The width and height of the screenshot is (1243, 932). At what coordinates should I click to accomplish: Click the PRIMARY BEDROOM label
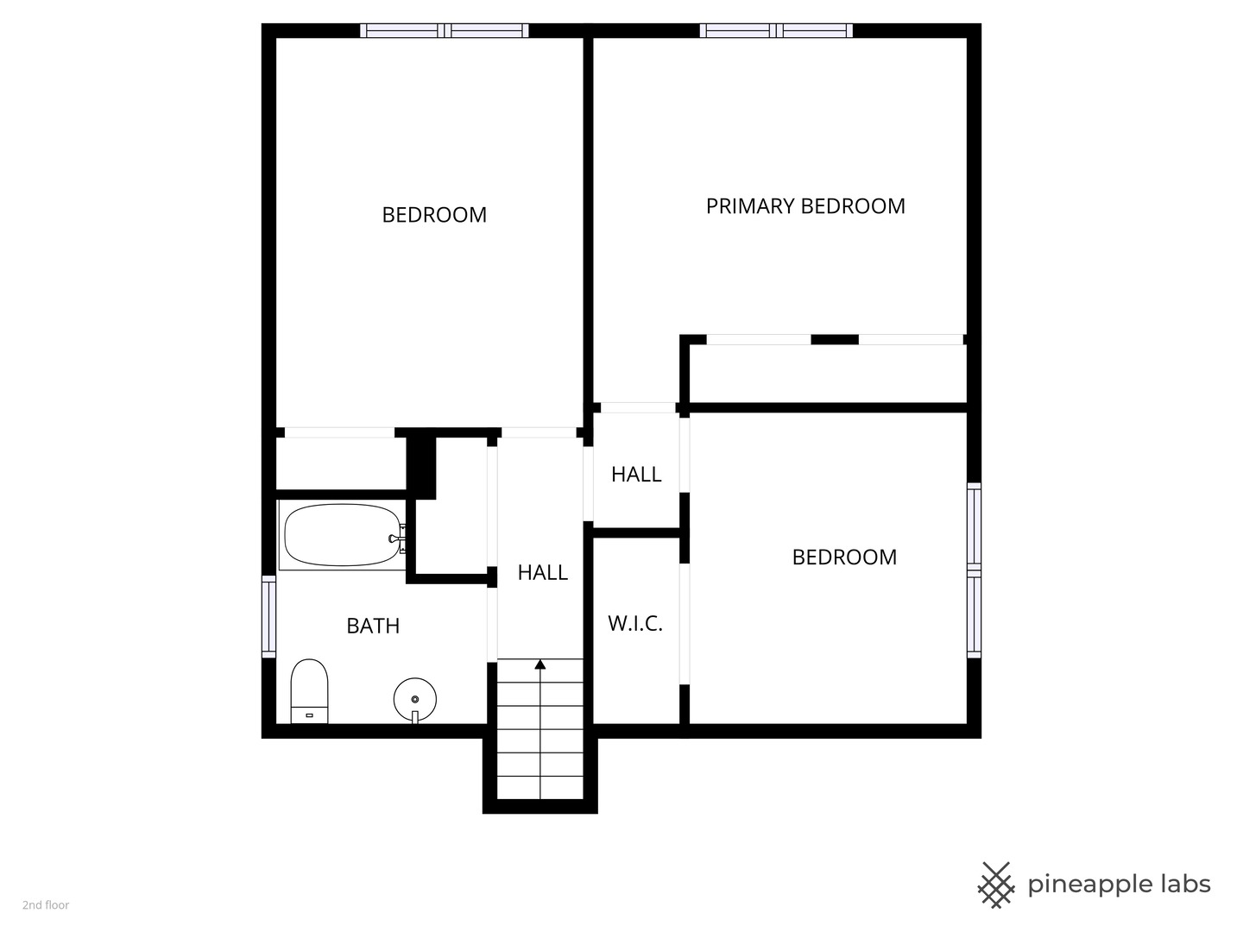[805, 206]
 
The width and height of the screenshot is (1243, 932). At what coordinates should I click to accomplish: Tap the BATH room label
[373, 626]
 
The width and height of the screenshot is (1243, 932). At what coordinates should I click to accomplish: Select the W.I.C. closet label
[635, 623]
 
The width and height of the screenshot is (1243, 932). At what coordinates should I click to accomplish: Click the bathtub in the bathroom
[342, 535]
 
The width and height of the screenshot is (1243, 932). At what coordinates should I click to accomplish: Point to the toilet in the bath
[309, 690]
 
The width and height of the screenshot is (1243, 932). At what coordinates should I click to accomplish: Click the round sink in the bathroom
[415, 697]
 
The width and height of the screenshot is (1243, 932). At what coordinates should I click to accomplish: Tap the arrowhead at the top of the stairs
[540, 664]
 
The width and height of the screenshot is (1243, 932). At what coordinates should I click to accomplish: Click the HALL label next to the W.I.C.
[636, 474]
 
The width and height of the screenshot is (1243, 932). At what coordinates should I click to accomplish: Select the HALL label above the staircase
[542, 572]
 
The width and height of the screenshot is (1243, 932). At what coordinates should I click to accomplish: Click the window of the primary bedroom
[776, 31]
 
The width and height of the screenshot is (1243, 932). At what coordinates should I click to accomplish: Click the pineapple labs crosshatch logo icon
[996, 885]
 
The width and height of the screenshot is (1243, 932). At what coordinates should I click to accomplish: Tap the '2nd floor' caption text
[46, 905]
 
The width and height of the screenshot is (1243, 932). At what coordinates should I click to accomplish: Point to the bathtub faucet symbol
[398, 538]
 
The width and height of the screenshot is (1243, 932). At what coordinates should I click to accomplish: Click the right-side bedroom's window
[974, 570]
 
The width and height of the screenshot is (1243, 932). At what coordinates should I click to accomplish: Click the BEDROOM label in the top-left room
[434, 215]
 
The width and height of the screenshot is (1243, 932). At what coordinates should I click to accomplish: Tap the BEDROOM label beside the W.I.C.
[844, 557]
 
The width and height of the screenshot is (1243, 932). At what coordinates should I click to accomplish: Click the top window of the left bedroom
[445, 31]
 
